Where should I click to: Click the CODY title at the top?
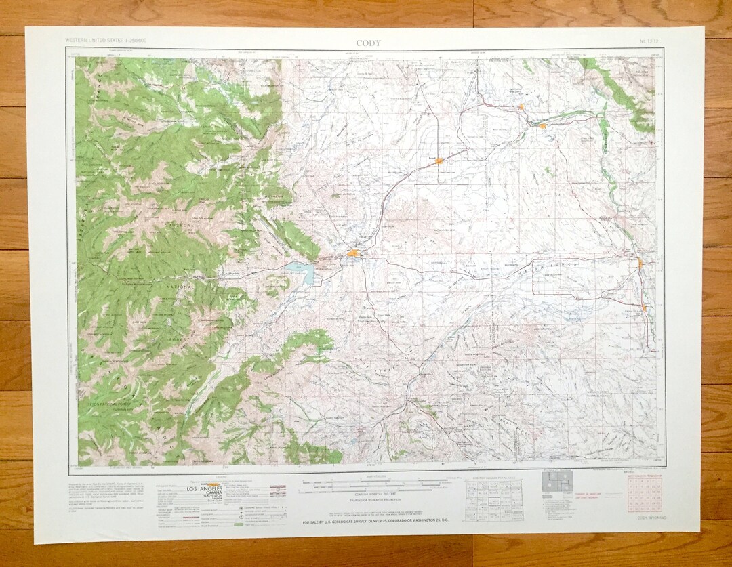tap(369, 43)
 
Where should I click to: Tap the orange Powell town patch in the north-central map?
tap(439, 161)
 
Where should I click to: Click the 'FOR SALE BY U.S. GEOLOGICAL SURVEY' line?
tap(380, 524)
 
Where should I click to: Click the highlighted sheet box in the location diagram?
tap(495, 501)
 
